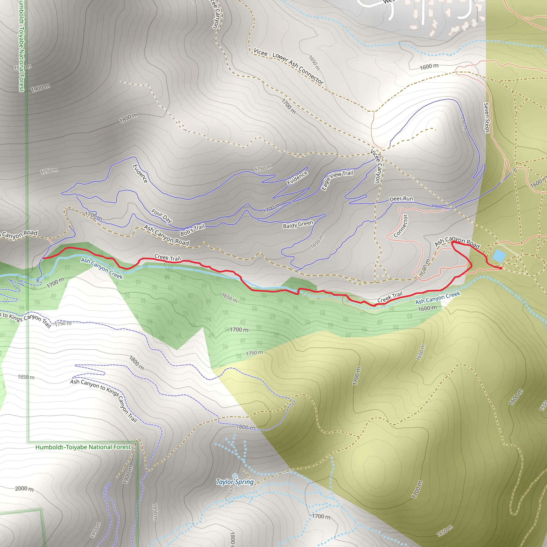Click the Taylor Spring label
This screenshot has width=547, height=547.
235,482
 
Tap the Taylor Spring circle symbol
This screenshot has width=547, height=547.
235,476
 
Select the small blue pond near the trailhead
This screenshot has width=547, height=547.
499,256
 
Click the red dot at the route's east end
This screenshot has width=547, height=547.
501,268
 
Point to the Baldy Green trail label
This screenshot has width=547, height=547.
298,225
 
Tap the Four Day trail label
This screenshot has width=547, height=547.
161,216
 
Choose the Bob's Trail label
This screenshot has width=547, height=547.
192,230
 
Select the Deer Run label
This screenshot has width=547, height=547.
401,199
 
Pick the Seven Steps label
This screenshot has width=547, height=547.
486,118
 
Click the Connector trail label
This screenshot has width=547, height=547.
401,226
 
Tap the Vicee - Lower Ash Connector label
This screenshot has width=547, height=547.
288,66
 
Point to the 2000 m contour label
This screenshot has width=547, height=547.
24,489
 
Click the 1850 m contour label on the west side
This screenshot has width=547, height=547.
26,377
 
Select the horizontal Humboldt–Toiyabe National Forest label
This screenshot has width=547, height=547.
83,447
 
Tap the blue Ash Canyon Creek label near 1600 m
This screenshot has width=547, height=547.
438,298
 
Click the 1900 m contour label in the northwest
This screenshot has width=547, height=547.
41,88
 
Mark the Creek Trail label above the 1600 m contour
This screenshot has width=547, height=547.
390,297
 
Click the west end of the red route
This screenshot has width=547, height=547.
43,258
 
